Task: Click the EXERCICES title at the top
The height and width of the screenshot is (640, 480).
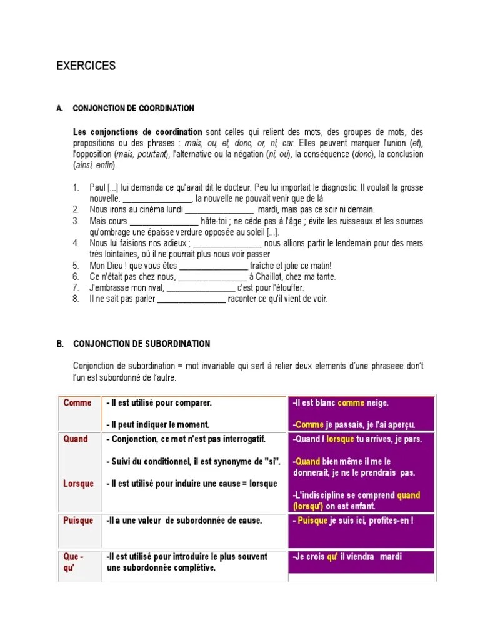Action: click(x=86, y=66)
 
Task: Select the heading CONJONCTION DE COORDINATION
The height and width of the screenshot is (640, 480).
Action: click(x=133, y=108)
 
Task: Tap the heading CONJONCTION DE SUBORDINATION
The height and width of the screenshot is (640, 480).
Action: click(x=141, y=344)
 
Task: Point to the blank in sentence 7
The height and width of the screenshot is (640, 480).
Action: click(x=201, y=288)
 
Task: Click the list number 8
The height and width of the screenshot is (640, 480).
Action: click(x=76, y=299)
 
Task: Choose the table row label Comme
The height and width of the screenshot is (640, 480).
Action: click(x=77, y=403)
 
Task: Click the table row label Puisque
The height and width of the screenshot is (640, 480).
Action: click(x=78, y=521)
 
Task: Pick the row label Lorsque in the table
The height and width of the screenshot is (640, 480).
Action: click(x=79, y=483)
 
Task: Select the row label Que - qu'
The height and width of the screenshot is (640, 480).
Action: click(x=74, y=562)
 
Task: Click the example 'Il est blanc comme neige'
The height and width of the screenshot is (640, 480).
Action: click(x=340, y=403)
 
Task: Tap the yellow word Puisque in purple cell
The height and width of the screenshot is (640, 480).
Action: click(x=312, y=521)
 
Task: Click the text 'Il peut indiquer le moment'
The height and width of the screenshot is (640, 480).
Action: click(x=157, y=424)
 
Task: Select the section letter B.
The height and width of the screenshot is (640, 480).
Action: click(x=60, y=344)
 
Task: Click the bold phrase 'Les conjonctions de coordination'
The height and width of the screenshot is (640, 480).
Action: click(x=137, y=132)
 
